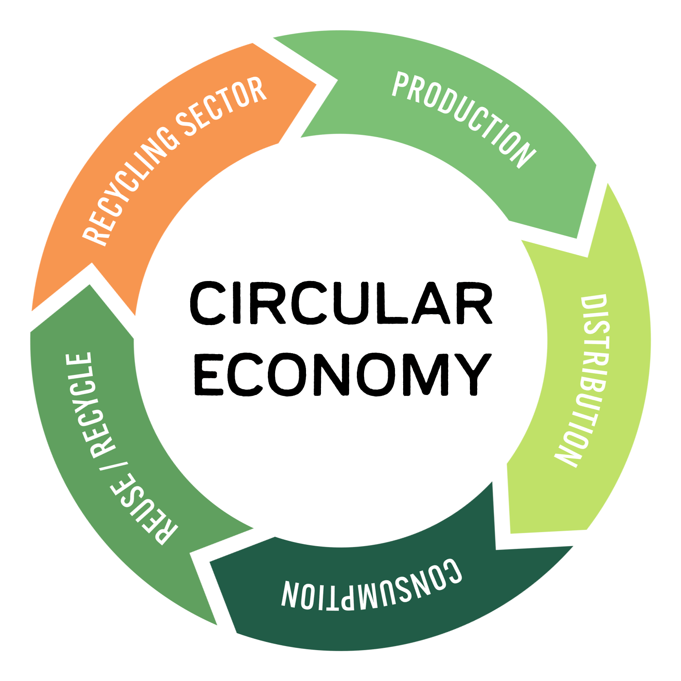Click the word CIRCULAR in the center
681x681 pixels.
point(340,303)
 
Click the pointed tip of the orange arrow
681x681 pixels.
point(316,84)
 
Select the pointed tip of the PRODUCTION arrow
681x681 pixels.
point(577,237)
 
